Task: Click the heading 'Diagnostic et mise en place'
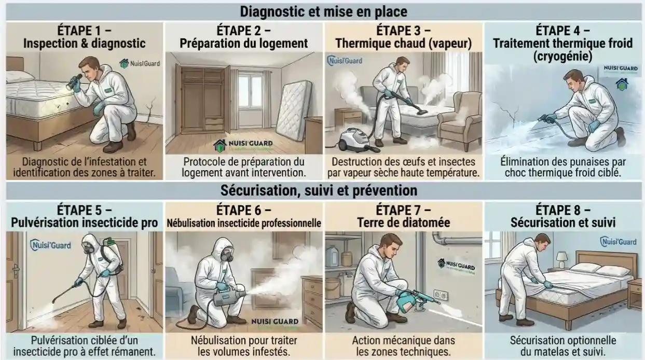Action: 322,11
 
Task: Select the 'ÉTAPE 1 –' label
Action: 85,29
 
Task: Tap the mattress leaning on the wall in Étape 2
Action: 293,110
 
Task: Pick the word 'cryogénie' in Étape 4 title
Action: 563,56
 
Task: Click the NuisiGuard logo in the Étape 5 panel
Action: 51,245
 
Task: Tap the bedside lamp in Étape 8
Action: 561,258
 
